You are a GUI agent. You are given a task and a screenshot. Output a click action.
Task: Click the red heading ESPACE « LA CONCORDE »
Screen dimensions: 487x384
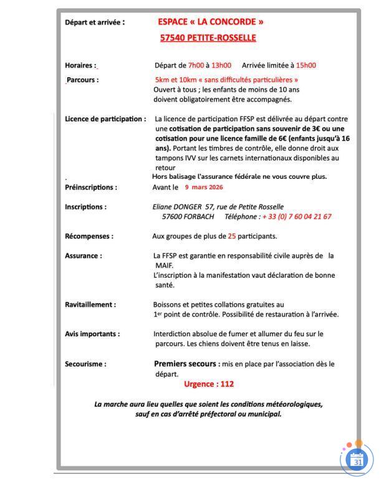click(x=211, y=22)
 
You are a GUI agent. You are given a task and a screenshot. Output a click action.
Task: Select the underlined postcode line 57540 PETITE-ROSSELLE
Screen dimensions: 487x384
click(x=208, y=38)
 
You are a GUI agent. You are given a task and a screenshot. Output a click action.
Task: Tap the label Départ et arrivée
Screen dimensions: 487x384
click(x=95, y=23)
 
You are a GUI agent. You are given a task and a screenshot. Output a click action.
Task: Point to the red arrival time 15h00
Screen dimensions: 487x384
click(x=305, y=65)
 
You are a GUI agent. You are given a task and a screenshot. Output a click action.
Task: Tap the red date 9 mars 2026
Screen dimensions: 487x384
click(x=204, y=187)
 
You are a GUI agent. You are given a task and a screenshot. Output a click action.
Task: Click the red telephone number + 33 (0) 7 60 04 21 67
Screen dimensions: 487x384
click(x=297, y=217)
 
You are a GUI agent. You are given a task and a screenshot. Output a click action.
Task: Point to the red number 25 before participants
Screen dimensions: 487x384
click(x=232, y=237)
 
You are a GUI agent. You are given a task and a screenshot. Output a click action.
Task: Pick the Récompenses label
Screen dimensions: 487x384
click(x=89, y=237)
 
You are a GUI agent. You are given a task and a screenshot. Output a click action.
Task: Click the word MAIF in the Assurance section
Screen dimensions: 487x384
click(x=164, y=265)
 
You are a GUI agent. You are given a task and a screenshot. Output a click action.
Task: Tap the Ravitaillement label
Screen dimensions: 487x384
click(x=90, y=305)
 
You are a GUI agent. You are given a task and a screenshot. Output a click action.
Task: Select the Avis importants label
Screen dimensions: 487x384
click(x=92, y=334)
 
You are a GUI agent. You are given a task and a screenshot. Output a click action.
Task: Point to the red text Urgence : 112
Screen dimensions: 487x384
click(x=209, y=384)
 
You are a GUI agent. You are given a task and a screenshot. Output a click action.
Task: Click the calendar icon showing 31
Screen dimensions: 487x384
click(x=358, y=461)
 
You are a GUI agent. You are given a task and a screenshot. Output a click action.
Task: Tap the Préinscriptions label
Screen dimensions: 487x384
click(x=91, y=187)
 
